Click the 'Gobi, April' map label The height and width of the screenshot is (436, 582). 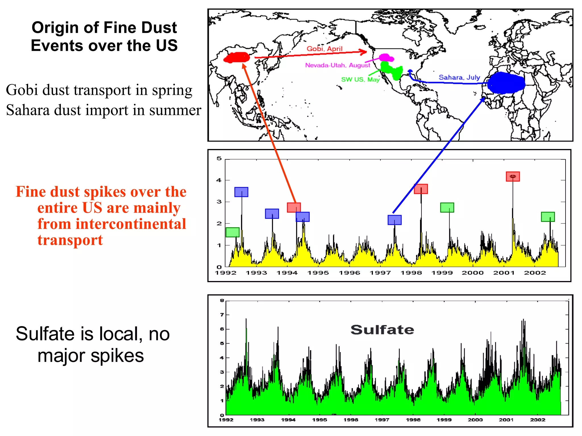pyautogui.click(x=324, y=49)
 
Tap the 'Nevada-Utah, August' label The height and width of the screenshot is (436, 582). pyautogui.click(x=337, y=65)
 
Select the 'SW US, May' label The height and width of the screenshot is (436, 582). pyautogui.click(x=360, y=79)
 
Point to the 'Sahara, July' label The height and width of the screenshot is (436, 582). pyautogui.click(x=459, y=77)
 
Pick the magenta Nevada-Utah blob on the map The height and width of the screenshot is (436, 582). pyautogui.click(x=386, y=58)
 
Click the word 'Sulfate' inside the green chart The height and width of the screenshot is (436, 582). pyautogui.click(x=382, y=330)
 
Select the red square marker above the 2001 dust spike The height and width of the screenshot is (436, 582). pyautogui.click(x=513, y=177)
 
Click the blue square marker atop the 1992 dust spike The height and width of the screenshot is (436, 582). pyautogui.click(x=241, y=192)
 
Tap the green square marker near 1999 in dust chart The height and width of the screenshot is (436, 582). pyautogui.click(x=447, y=207)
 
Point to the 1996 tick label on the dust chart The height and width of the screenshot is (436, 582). pyautogui.click(x=349, y=273)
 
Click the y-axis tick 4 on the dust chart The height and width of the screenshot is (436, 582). pyautogui.click(x=219, y=180)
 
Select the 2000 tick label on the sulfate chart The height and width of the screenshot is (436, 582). pyautogui.click(x=475, y=420)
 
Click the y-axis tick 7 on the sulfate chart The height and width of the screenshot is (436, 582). pyautogui.click(x=222, y=315)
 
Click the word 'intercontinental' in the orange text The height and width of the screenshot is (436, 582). pyautogui.click(x=112, y=224)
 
